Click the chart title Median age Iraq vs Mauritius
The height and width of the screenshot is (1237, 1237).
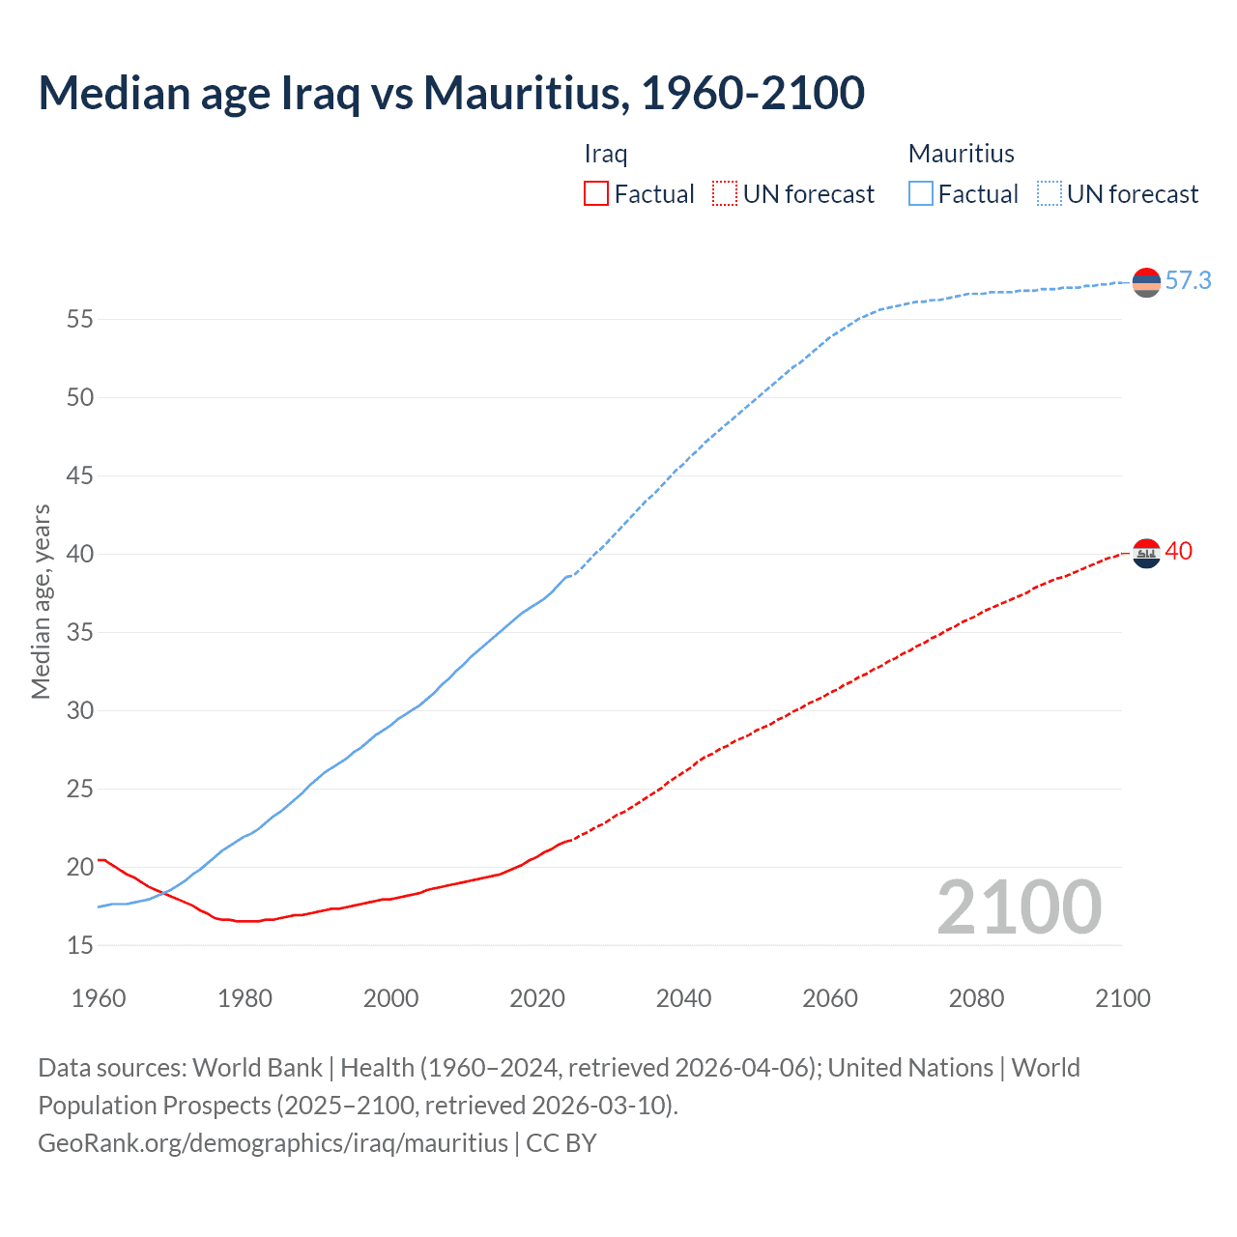[450, 93]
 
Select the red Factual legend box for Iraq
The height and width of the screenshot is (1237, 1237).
[596, 194]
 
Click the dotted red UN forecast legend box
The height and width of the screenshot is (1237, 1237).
[725, 194]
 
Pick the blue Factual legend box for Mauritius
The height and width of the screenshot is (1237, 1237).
[920, 194]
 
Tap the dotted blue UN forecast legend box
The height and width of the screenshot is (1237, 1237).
[1049, 194]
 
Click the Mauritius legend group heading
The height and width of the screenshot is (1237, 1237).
[961, 154]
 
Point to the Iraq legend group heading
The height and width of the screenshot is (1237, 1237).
[606, 154]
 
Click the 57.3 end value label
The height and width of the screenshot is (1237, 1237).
[1188, 281]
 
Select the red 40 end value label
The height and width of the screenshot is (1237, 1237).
[1178, 552]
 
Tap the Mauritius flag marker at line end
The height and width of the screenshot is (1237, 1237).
[1146, 282]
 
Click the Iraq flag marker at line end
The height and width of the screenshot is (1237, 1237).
[1146, 554]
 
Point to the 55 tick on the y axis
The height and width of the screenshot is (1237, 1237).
[80, 319]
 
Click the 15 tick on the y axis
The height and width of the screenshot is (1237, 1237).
[80, 945]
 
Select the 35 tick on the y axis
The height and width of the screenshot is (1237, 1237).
[80, 632]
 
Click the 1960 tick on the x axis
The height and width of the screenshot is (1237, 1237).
[99, 998]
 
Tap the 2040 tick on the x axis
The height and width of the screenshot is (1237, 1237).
[683, 998]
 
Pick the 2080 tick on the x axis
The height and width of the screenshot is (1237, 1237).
[976, 998]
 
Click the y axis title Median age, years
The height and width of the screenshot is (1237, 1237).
[41, 601]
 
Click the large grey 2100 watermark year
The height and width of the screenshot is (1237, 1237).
[1019, 907]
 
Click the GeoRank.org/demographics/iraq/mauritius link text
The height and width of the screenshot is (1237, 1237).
[273, 1143]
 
